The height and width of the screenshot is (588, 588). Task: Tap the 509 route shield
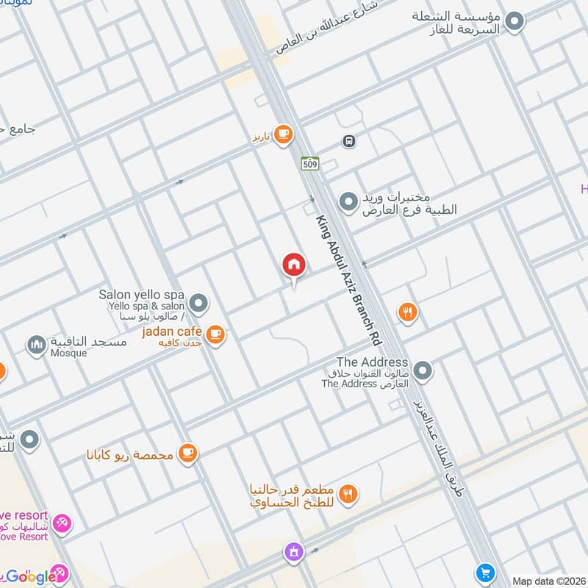309,164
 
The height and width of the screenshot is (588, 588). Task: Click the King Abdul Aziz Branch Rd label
348,281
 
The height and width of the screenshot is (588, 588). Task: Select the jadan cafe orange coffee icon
215,334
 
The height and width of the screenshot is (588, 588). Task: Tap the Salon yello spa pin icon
198,303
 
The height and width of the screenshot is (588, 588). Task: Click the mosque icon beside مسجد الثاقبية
36,344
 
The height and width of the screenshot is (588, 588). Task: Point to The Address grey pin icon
422,371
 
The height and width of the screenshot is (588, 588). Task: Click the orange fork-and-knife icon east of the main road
407,313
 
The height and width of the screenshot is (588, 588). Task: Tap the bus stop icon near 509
349,140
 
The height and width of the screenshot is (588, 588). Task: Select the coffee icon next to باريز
283,134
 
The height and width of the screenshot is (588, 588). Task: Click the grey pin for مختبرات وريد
348,200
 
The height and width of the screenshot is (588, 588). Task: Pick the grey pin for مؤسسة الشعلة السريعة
516,21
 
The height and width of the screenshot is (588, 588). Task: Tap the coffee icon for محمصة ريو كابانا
188,453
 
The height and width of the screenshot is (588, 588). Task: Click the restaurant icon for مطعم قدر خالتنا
349,495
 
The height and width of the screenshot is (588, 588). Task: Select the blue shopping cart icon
484,571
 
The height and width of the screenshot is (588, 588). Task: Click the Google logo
29,576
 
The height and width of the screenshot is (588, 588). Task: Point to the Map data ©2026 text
548,581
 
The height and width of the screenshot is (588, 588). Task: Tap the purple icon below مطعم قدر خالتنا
293,551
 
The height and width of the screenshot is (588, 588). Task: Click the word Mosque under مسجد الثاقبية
68,354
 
